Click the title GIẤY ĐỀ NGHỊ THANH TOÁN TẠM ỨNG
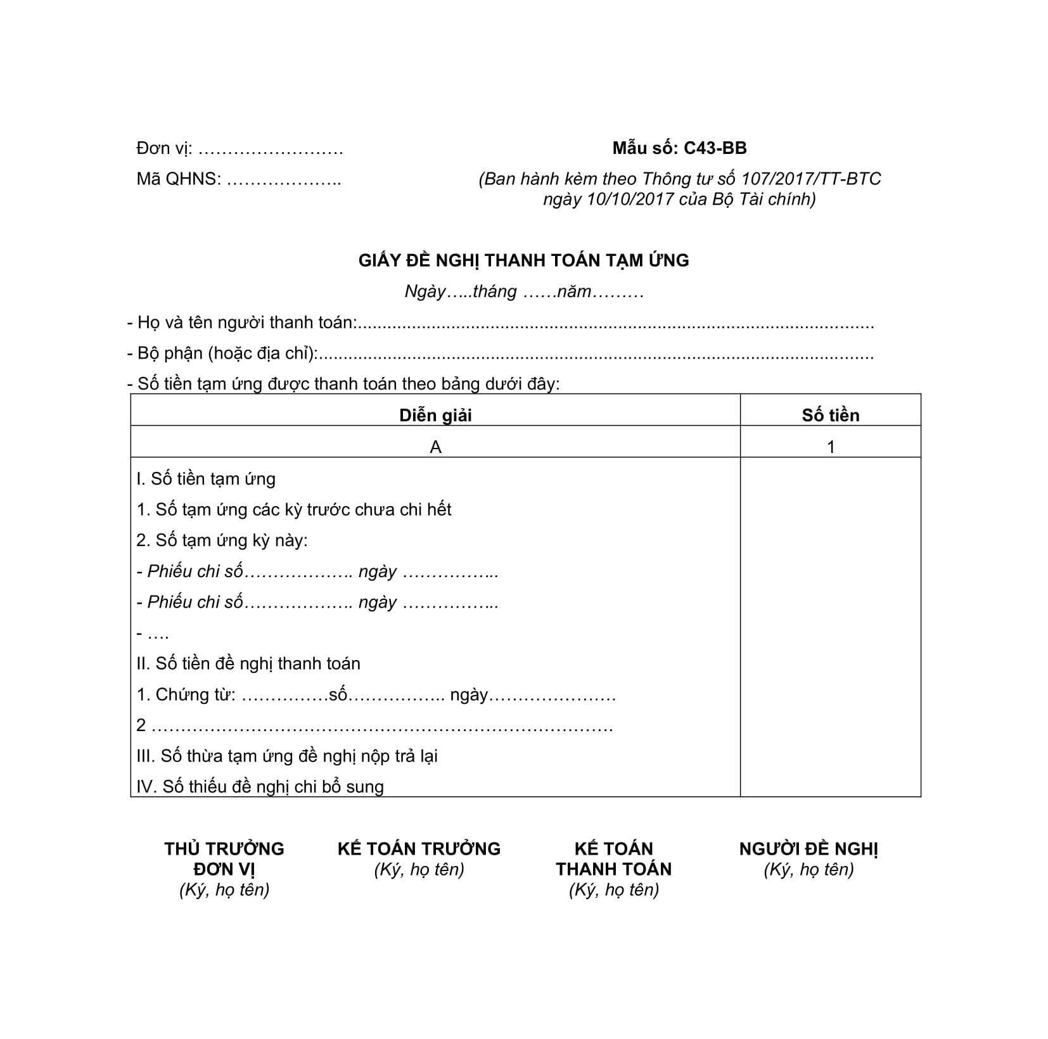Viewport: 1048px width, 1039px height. point(523,260)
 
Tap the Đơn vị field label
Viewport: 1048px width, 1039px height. point(163,148)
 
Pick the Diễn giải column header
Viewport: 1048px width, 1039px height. point(435,416)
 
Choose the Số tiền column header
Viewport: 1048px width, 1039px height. point(830,416)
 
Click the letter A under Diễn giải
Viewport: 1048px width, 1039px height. point(435,447)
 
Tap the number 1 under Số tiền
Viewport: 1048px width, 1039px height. point(831,447)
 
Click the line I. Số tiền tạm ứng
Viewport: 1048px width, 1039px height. point(206,479)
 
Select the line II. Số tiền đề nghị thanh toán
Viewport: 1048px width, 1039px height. point(248,664)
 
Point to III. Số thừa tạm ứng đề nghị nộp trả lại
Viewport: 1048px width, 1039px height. point(287,756)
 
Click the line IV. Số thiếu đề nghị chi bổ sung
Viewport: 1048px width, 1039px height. point(260,787)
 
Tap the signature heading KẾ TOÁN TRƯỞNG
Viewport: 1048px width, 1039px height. point(419,849)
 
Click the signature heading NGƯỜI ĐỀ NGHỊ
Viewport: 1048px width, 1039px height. point(808,849)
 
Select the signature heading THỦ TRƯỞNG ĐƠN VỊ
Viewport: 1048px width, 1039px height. point(224,858)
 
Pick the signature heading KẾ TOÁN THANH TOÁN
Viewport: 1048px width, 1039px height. point(613,858)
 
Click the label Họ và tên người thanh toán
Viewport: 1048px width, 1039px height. point(246,323)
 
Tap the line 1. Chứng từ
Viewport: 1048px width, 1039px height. point(186,695)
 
